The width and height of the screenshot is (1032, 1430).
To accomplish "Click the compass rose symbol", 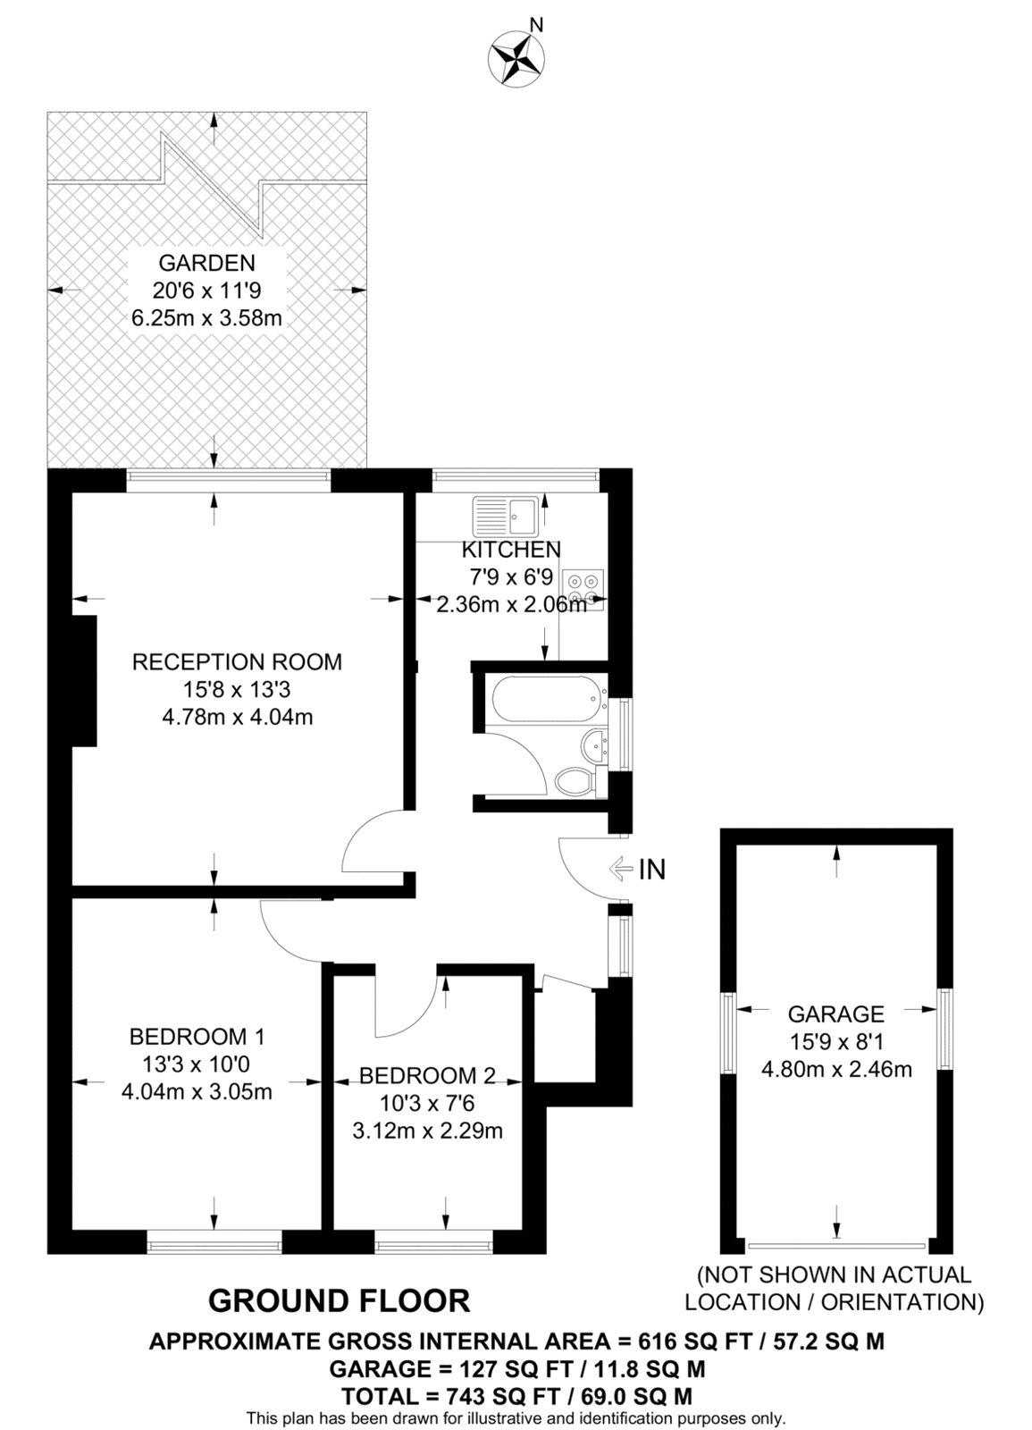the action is click(x=516, y=62).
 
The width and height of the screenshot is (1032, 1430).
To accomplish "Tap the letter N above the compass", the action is click(x=537, y=25).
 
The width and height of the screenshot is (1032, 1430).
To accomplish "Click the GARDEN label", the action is click(x=206, y=263).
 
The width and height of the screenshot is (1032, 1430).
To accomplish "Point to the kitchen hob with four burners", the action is click(x=583, y=590).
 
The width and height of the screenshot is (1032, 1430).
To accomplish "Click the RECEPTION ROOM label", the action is click(x=238, y=661).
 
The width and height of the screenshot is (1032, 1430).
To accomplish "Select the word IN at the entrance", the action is click(x=651, y=869).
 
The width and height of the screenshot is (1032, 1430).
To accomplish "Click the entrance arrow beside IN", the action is click(x=621, y=869).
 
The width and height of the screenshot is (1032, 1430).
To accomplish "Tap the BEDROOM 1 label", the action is click(x=197, y=1036).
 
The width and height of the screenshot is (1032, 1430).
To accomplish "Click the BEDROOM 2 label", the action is click(x=427, y=1076).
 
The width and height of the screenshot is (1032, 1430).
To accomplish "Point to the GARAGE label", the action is click(x=836, y=1014).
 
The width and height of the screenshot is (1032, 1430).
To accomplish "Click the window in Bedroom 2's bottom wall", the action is click(x=434, y=1245).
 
